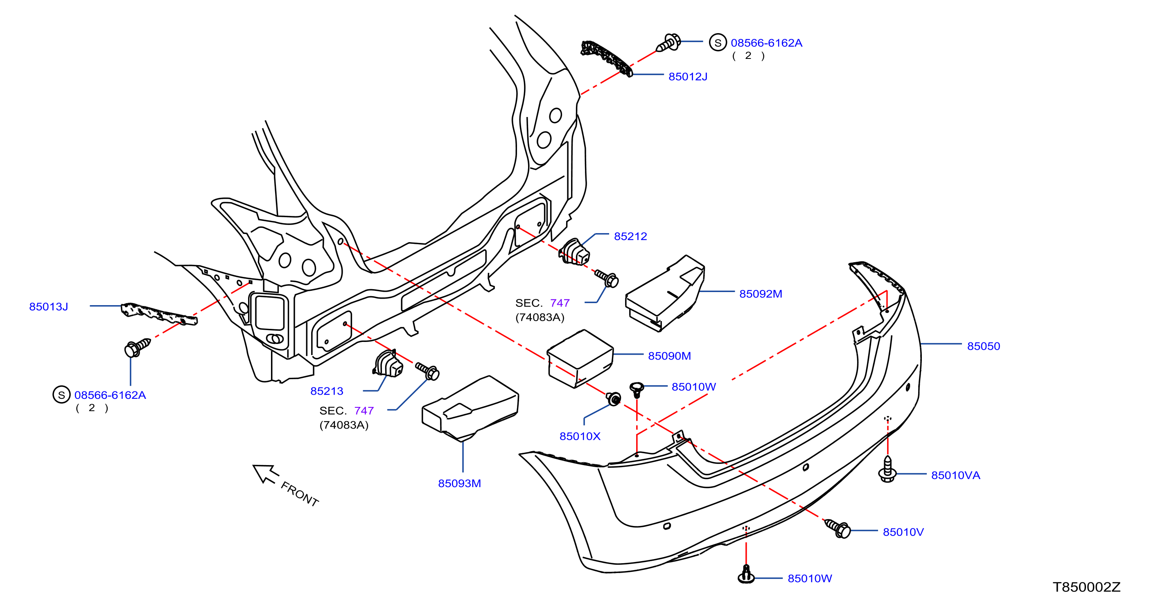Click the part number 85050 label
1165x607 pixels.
tap(983, 346)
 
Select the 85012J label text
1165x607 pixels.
tap(688, 77)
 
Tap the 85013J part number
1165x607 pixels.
tap(48, 307)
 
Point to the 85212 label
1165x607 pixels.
tap(630, 236)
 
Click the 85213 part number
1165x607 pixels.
tap(327, 391)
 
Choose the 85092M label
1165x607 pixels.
tap(761, 294)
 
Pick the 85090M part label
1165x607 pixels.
tap(669, 356)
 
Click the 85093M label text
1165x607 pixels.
tap(459, 483)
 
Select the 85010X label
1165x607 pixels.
tap(580, 436)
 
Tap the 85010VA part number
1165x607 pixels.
tap(955, 475)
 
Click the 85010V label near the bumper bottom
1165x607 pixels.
tap(903, 533)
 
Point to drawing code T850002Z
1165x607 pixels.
tap(1086, 587)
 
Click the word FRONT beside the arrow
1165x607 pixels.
tap(300, 494)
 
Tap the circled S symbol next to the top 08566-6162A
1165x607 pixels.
tap(718, 43)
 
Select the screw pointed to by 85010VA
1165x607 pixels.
tap(887, 470)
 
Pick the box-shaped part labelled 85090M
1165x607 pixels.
tap(580, 359)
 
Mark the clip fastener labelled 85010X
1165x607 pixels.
tap(614, 399)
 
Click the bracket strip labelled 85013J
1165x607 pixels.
tap(159, 314)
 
